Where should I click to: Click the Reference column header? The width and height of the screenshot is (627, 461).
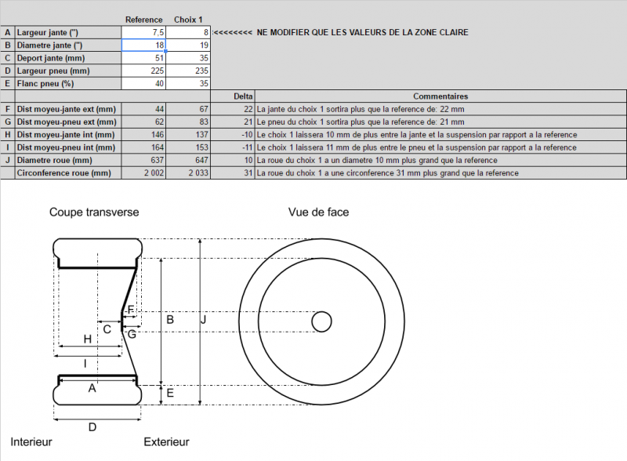tap(144, 20)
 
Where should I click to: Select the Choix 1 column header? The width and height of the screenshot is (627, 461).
tap(188, 20)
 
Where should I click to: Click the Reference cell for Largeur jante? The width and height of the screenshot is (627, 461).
tap(143, 32)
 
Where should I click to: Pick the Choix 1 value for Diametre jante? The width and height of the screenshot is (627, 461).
tap(188, 45)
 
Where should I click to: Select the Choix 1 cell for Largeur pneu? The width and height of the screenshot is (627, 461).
tap(188, 71)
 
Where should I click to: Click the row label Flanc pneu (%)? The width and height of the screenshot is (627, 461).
tap(45, 84)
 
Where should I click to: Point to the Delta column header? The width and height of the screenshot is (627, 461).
tap(243, 96)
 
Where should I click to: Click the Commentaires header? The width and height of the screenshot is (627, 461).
tap(440, 96)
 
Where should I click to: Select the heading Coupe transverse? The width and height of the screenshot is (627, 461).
tap(94, 212)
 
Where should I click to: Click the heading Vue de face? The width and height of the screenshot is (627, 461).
tap(318, 212)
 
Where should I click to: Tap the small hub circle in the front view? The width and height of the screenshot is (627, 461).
tap(321, 321)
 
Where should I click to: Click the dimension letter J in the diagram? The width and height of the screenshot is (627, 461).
tap(204, 319)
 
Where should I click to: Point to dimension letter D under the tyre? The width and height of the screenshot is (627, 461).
tap(92, 427)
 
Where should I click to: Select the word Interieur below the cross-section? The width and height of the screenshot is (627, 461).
tap(31, 442)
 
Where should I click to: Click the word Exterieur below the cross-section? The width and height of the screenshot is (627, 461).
tap(166, 442)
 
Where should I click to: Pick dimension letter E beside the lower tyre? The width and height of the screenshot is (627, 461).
tap(170, 393)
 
